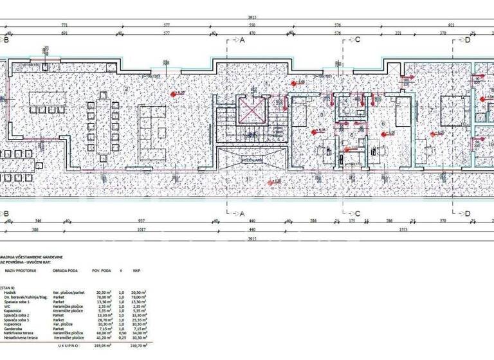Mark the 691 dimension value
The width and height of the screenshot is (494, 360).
[64, 32]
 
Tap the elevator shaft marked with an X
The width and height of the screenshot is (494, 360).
[250, 110]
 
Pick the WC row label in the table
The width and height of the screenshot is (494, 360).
[8, 306]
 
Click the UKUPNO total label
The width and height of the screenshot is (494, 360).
[68, 345]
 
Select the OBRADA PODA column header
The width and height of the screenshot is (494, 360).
[66, 271]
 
